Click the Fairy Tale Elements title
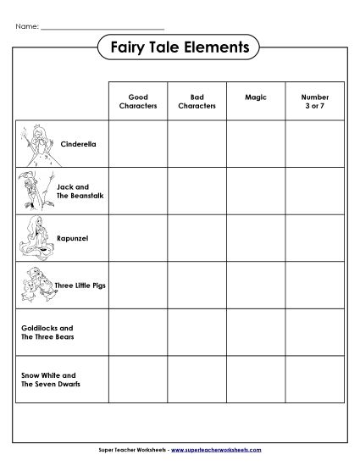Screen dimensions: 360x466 point(179,48)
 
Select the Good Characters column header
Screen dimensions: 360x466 point(136,103)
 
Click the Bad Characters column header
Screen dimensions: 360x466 point(196,103)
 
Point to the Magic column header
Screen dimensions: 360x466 point(255,98)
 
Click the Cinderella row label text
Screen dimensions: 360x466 point(79,144)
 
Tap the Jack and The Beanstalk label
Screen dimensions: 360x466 point(73,191)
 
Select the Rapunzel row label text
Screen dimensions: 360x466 point(74,238)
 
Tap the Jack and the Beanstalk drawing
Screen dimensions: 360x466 point(30,191)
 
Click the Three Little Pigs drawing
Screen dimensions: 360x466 point(36,285)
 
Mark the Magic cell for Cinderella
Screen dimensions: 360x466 point(255,144)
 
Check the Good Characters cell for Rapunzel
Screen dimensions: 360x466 point(136,238)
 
